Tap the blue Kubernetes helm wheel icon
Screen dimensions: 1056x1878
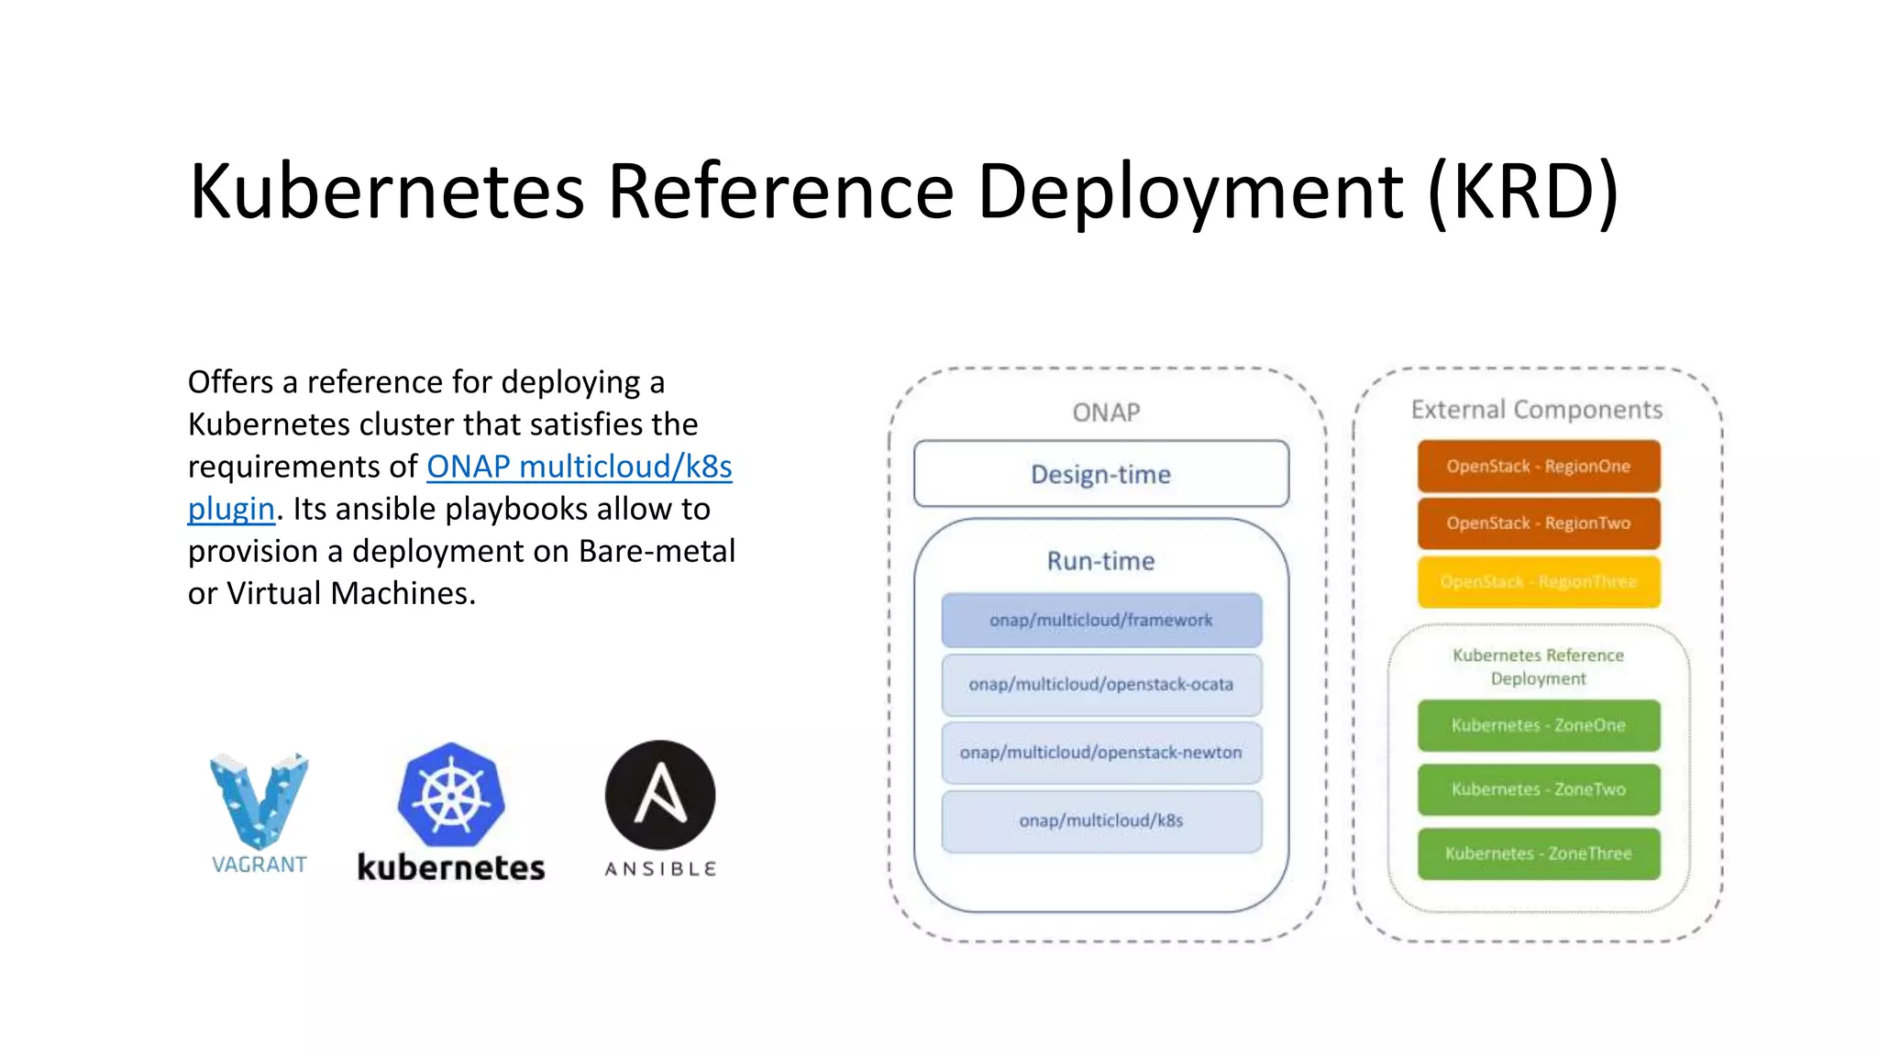point(451,794)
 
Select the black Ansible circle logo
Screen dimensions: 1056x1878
point(660,795)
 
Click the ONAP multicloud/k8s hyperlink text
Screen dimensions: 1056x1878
point(579,467)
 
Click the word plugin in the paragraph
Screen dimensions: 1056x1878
point(231,509)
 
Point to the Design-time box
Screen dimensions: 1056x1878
point(1101,474)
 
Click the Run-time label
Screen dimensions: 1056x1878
point(1100,561)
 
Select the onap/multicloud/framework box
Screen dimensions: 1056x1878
point(1101,621)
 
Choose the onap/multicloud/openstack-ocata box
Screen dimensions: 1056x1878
point(1101,685)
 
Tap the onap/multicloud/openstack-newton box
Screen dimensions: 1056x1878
point(1101,753)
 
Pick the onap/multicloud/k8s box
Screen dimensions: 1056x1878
point(1101,821)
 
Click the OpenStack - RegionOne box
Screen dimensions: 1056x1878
point(1538,467)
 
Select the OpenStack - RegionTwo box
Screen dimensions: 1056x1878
point(1538,523)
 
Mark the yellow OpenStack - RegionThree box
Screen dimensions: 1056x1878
point(1538,582)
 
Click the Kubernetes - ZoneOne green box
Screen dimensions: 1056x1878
point(1538,725)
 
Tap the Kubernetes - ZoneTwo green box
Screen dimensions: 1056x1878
point(1538,789)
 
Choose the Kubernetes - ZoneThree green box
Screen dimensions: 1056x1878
point(1538,853)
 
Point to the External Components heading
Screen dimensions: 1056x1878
point(1536,410)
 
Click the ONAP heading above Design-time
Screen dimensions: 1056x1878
point(1106,412)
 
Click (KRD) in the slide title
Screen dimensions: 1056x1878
point(1523,191)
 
